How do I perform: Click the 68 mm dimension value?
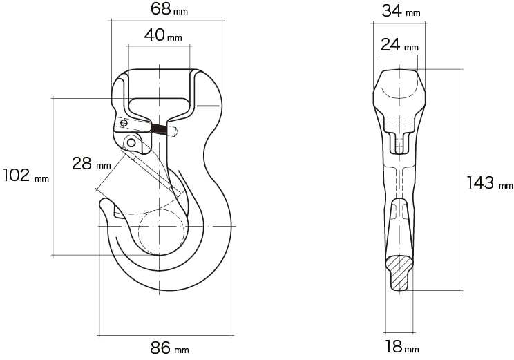point(169,9)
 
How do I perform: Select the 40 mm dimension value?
point(163,35)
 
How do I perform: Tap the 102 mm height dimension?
point(26,175)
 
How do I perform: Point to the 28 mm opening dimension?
point(91,163)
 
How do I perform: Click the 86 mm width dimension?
point(169,348)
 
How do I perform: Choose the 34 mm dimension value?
point(401,11)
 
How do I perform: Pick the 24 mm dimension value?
point(399,45)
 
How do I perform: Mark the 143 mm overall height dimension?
point(490,183)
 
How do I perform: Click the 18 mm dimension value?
point(402,347)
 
